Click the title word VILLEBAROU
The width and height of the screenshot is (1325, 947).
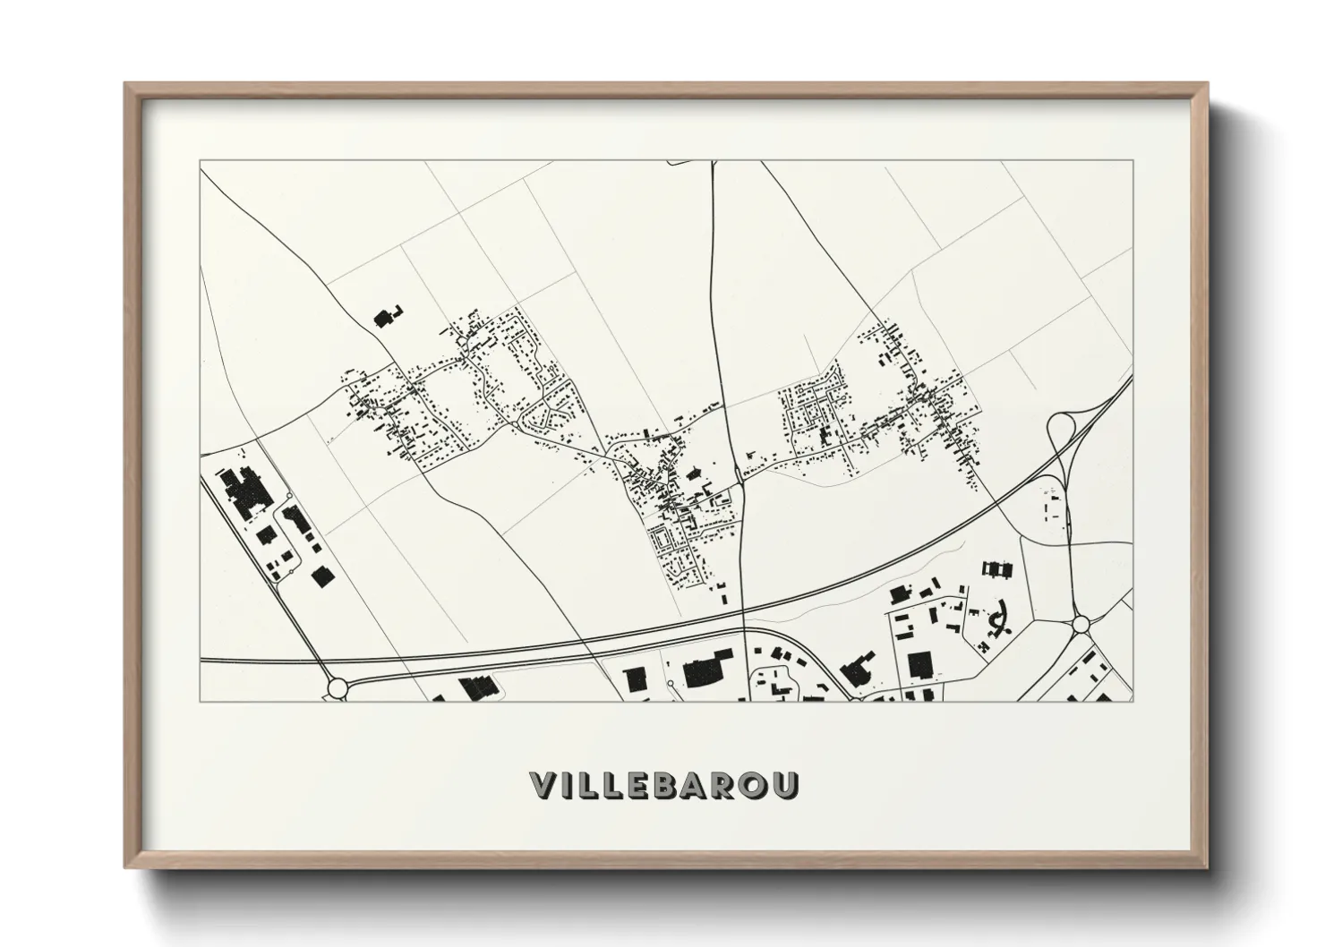(664, 785)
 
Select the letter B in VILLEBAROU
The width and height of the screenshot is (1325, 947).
(681, 785)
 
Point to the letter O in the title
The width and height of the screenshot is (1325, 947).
(758, 785)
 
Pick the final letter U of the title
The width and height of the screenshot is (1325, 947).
(787, 785)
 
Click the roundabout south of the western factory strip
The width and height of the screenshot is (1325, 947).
(338, 687)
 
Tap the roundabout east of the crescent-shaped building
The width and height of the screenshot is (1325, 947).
(1080, 623)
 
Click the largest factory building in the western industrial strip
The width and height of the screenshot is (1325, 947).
(244, 492)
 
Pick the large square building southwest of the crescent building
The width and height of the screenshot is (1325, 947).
(919, 665)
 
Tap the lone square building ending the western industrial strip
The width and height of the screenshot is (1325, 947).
(320, 577)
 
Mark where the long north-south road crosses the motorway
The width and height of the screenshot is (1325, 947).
(744, 613)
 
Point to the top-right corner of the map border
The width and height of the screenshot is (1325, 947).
(1133, 161)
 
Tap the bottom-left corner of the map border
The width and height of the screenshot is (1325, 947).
(201, 701)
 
